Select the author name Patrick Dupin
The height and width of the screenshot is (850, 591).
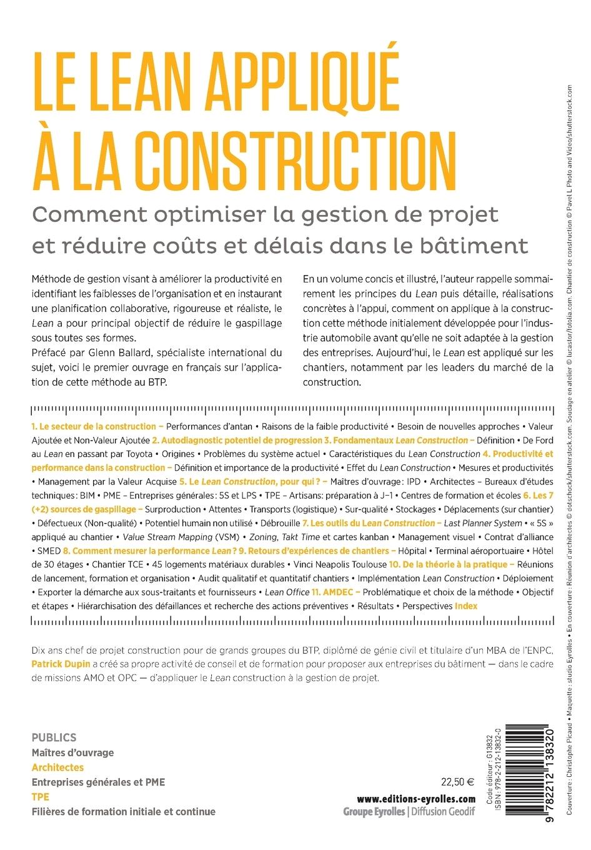[61, 664]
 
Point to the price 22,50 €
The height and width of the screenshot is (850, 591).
[457, 781]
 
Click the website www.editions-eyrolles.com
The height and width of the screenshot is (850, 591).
[416, 799]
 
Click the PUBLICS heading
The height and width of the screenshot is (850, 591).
[54, 737]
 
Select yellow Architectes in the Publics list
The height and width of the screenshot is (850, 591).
[57, 767]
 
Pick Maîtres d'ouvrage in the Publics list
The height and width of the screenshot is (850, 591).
[72, 752]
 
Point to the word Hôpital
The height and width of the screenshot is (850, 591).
[413, 551]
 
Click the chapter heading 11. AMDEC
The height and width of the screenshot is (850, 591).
[333, 592]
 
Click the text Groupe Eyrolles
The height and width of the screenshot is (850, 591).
[374, 812]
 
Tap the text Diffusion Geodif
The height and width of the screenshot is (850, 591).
[442, 812]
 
